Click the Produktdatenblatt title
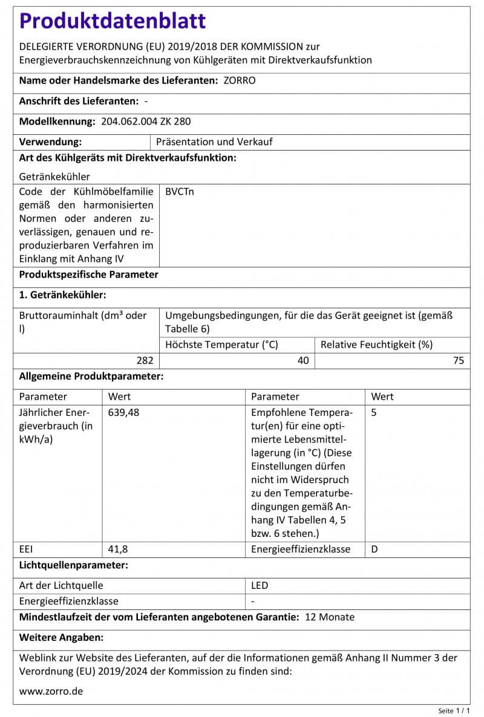pos(113,21)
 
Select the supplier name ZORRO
pos(240,80)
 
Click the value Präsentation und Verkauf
pos(214,141)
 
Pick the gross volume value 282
pos(145,360)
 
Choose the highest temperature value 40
pos(303,360)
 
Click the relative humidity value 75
pos(459,360)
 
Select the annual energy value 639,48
pos(125,413)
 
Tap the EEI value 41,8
pos(118,550)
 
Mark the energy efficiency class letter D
pos(374,550)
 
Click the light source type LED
pos(260,585)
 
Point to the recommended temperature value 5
pos(374,413)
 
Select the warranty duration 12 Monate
pos(330,617)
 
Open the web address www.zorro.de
pos(51,691)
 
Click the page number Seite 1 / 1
pos(454,710)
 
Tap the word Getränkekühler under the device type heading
pos(54,177)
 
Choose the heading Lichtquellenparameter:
pos(74,565)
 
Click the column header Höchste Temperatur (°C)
pos(221,345)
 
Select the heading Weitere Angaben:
pos(62,637)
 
